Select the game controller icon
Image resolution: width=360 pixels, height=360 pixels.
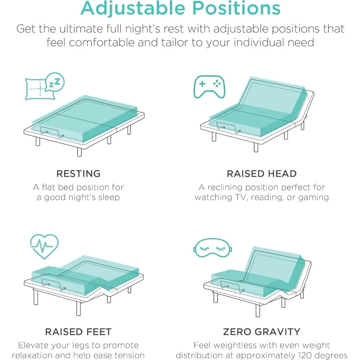click(x=209, y=86)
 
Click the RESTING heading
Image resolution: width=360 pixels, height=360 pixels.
click(x=78, y=174)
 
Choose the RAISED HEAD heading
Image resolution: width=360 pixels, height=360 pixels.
click(x=262, y=174)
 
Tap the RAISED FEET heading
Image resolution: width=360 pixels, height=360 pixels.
click(x=78, y=332)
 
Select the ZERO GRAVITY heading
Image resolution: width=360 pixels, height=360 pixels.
click(x=262, y=332)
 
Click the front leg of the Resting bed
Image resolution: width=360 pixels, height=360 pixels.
click(x=79, y=152)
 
